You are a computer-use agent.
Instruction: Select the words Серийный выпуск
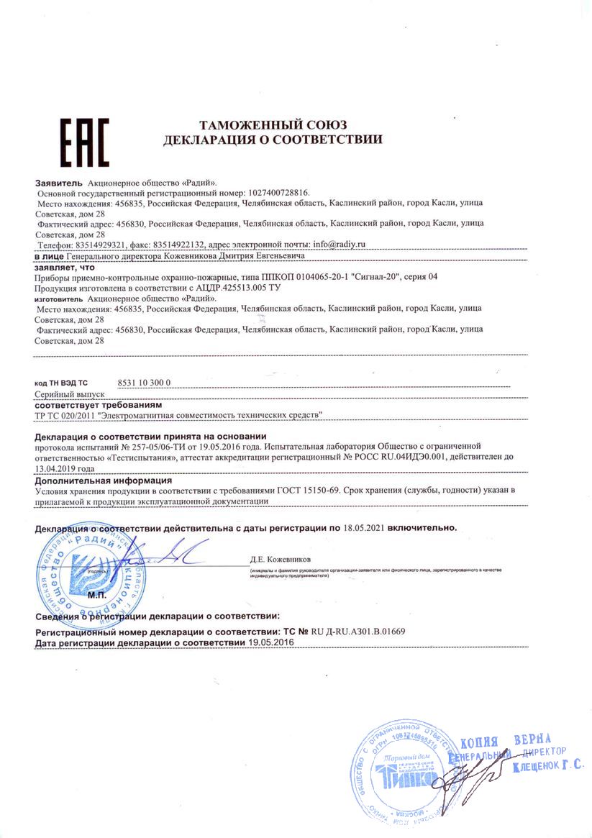click(x=70, y=395)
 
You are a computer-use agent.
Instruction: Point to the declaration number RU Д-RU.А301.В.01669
click(x=358, y=631)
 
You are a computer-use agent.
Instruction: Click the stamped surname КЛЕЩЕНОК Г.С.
click(x=547, y=768)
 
